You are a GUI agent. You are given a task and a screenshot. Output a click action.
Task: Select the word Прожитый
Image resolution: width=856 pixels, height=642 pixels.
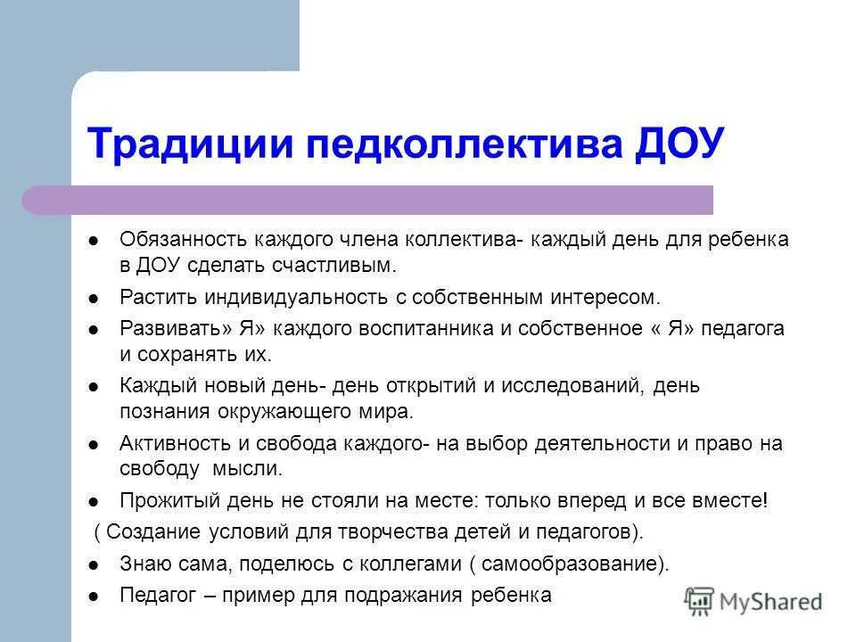[x=156, y=501]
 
